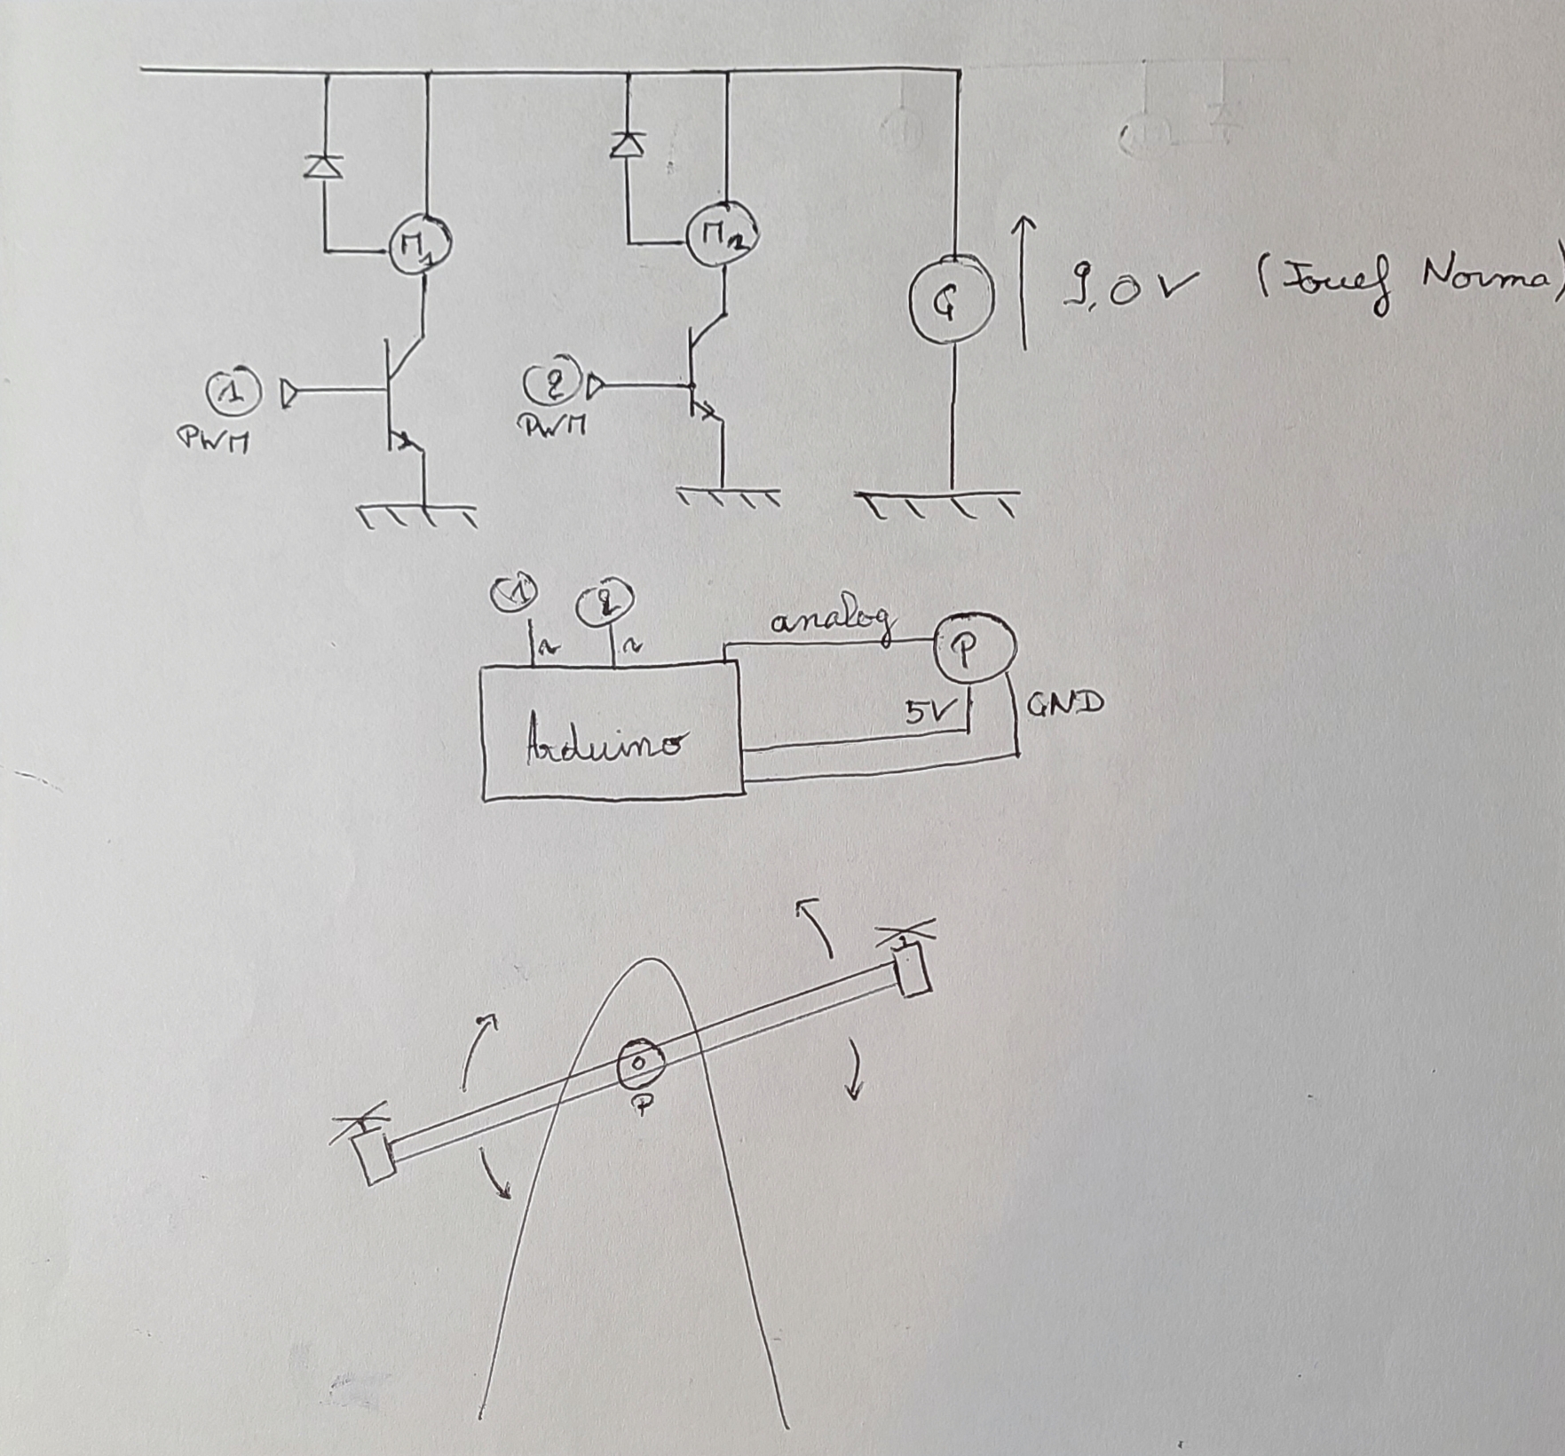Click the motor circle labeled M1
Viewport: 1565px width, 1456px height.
click(420, 246)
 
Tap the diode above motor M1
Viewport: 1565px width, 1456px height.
click(324, 166)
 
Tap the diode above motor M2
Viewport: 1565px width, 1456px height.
click(628, 144)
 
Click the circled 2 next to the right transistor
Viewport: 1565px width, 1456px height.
click(553, 384)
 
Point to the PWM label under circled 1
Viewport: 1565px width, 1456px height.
click(213, 439)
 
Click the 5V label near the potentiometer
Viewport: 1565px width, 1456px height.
click(928, 711)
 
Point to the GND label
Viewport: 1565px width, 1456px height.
click(1065, 704)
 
